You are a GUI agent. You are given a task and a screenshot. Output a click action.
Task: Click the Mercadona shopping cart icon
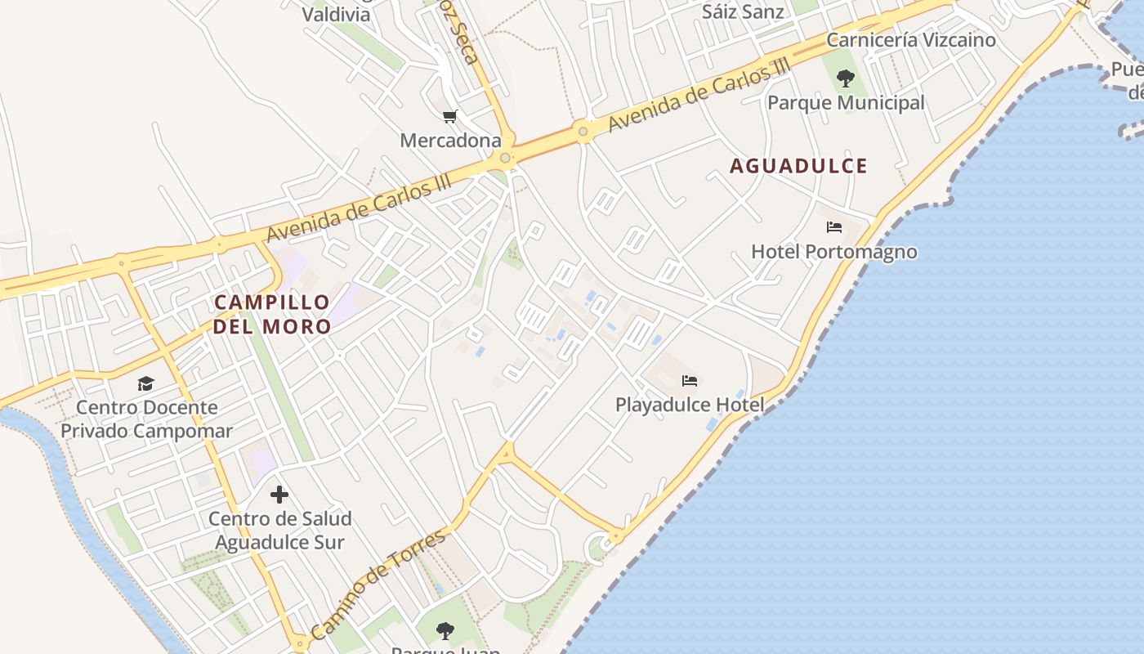pyautogui.click(x=449, y=117)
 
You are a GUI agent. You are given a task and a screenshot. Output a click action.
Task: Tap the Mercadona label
pyautogui.click(x=450, y=141)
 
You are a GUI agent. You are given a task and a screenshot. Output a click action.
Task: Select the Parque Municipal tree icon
pyautogui.click(x=846, y=79)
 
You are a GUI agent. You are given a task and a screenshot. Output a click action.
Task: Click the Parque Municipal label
pyautogui.click(x=846, y=103)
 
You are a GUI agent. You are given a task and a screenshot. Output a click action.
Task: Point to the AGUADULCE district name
pyautogui.click(x=798, y=166)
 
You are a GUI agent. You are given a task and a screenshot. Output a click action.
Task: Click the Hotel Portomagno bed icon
pyautogui.click(x=833, y=227)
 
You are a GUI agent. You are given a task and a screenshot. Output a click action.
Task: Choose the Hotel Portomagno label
pyautogui.click(x=833, y=252)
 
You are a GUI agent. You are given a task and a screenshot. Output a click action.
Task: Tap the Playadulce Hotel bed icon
pyautogui.click(x=690, y=380)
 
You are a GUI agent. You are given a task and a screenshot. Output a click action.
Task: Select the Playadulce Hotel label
pyautogui.click(x=690, y=405)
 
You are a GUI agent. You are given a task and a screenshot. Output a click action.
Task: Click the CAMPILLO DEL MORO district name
pyautogui.click(x=273, y=314)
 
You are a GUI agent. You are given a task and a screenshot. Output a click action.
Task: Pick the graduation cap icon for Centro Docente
pyautogui.click(x=145, y=383)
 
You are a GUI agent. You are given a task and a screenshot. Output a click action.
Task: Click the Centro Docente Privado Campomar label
pyautogui.click(x=147, y=419)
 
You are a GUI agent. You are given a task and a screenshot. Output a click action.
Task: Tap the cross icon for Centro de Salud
pyautogui.click(x=279, y=495)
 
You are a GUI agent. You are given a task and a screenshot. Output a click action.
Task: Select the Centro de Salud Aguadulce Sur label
pyautogui.click(x=279, y=531)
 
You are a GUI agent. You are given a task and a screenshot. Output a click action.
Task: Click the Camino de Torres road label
pyautogui.click(x=378, y=583)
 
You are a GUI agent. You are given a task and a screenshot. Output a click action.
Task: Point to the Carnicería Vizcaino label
pyautogui.click(x=911, y=40)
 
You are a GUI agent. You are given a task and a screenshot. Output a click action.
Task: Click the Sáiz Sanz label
pyautogui.click(x=743, y=12)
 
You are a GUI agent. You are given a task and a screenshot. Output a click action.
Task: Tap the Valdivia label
pyautogui.click(x=336, y=14)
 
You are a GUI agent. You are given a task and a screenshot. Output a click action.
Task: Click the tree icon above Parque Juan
pyautogui.click(x=445, y=631)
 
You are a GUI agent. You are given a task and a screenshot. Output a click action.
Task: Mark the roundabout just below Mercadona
pyautogui.click(x=506, y=158)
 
